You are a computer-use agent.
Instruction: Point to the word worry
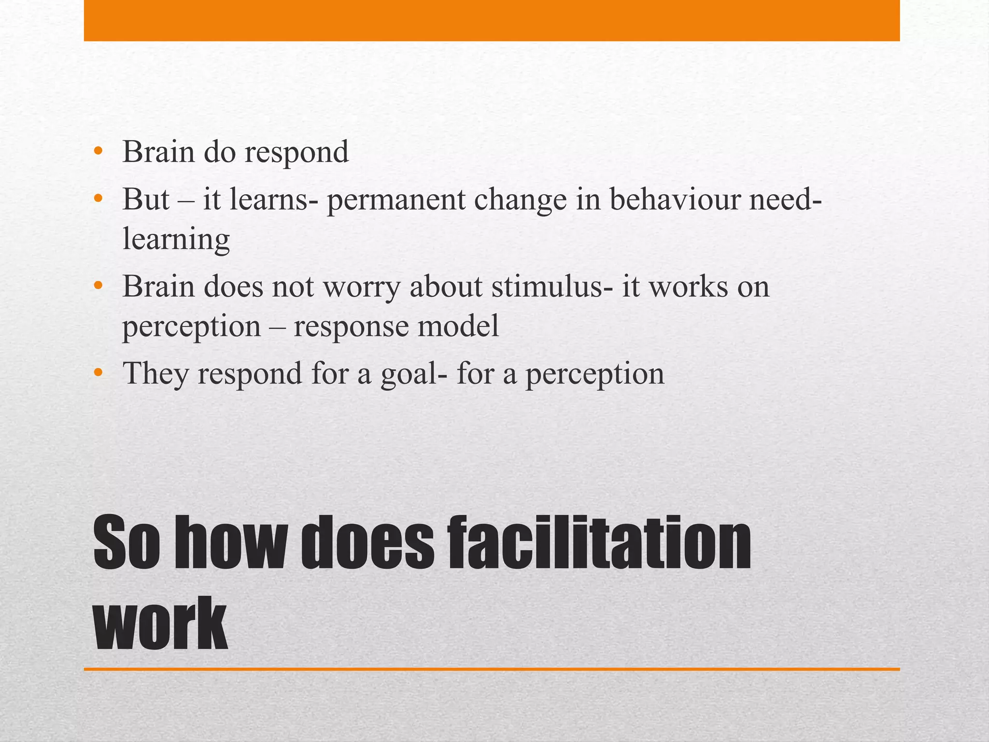362,287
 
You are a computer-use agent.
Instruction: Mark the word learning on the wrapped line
176,239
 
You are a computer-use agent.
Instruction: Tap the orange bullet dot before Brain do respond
99,152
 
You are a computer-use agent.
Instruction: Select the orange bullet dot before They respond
99,373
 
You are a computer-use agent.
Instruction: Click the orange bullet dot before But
99,199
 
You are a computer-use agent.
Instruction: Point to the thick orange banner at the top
492,20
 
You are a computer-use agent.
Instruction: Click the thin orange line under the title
492,669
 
